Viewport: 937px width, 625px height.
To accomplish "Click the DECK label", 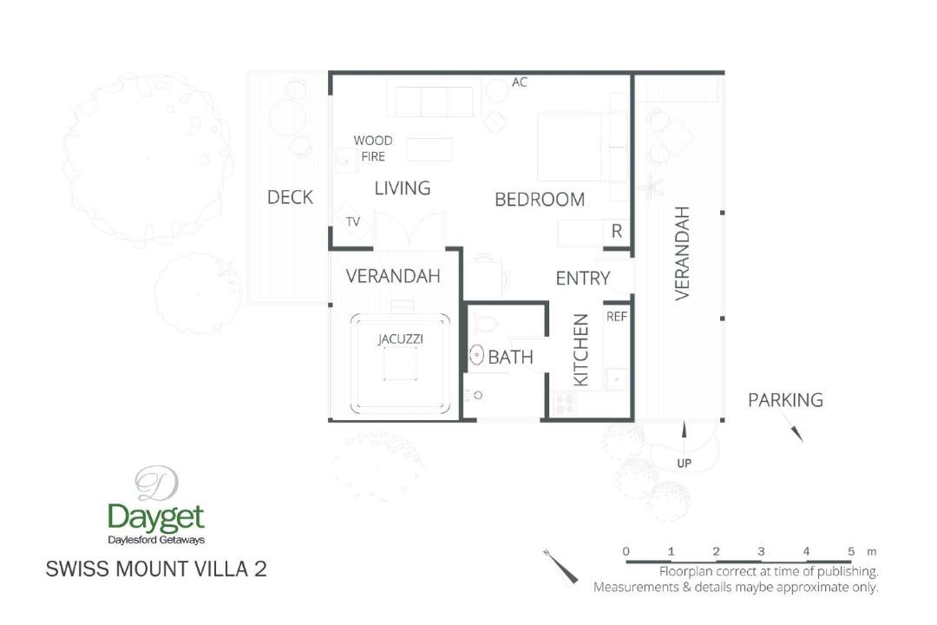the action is pos(290,197).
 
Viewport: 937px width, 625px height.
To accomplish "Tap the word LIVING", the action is pos(403,188).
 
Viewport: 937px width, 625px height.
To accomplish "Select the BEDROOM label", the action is pos(540,200).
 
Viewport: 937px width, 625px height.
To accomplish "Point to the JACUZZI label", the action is pos(400,339).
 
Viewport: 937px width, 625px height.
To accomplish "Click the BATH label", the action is pos(510,358).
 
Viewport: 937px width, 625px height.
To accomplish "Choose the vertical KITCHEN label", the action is pos(580,351).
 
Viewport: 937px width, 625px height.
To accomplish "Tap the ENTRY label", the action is pos(583,279).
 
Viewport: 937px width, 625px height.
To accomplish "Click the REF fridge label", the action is pos(617,316).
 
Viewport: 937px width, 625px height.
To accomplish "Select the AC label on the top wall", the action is pos(520,82).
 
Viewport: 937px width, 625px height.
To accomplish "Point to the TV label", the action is pos(353,222).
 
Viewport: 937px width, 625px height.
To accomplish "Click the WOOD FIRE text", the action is pos(373,148).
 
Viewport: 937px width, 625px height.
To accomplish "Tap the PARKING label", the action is pos(785,400).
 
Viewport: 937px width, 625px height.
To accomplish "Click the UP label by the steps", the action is pos(685,463).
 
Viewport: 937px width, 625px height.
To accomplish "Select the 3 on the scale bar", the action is pos(761,551).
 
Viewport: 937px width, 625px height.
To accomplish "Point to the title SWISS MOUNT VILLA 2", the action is pos(156,569).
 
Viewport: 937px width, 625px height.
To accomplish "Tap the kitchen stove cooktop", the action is pos(565,405).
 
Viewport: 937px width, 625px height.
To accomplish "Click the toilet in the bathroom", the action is pos(483,325).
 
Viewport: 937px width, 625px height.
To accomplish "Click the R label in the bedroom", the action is pos(617,231).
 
